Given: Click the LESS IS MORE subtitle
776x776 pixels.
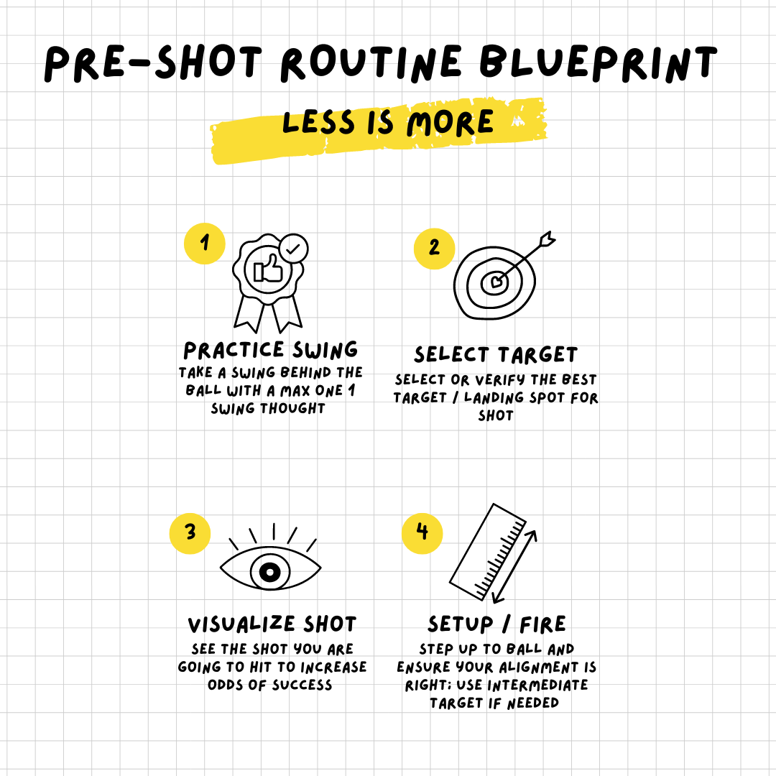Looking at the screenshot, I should coord(388,123).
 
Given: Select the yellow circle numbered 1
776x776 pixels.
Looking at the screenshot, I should coord(205,243).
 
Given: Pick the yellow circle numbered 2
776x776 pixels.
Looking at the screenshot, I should coord(434,249).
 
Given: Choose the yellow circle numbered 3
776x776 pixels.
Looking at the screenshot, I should coord(190,532).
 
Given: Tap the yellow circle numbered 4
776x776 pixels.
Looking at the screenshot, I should coord(422,532).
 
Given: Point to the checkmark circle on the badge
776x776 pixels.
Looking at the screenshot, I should coord(293,249).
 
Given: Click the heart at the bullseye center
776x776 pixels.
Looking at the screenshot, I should coord(495,282).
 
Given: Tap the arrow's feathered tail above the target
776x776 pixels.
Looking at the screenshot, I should coord(548,238).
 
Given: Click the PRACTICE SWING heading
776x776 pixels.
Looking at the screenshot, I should coord(271,350).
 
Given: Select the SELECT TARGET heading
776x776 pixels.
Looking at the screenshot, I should coord(495,355).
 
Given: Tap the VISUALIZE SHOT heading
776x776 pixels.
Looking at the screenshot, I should coord(272,624).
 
